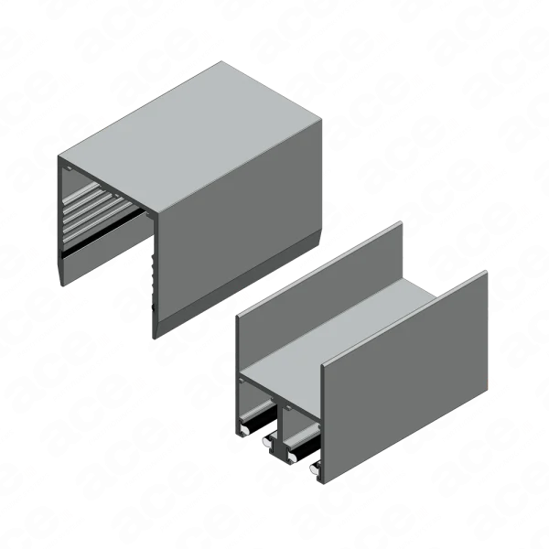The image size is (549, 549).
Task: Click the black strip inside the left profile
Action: point(103,232)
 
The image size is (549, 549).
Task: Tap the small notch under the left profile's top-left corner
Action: point(69,168)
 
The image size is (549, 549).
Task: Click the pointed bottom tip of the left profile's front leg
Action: point(155,338)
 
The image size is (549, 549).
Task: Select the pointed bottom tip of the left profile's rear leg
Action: point(62,285)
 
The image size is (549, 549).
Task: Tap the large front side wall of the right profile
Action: point(404,378)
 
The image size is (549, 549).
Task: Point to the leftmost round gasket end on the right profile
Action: point(244,429)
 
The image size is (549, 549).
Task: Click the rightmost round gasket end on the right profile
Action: point(316,468)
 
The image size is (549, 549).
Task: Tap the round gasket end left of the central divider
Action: point(267,442)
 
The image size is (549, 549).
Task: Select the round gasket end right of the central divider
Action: point(291,456)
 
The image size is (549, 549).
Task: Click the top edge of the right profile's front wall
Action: point(404,318)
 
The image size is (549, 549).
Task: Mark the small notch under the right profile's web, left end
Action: point(242,380)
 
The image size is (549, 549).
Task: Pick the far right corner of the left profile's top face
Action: point(321,120)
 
